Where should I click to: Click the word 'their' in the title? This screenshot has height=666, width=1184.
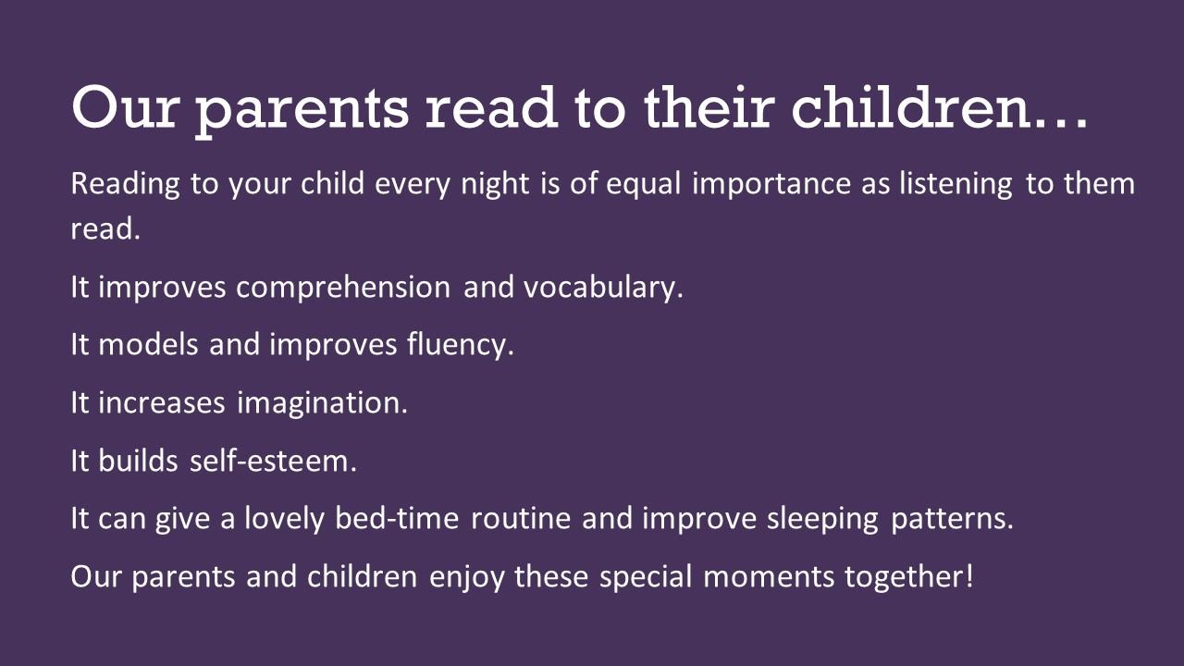tap(709, 106)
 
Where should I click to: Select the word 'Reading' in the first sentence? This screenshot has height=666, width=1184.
tap(125, 184)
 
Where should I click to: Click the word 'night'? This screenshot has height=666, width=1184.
tap(495, 184)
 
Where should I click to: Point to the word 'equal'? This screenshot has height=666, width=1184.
tap(643, 184)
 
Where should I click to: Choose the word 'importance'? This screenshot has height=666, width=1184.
tap(771, 184)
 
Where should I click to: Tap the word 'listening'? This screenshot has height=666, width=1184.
tap(956, 184)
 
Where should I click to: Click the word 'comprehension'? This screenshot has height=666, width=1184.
tap(343, 288)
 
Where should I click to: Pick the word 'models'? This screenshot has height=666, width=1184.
tap(149, 345)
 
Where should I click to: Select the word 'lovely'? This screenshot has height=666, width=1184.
tap(284, 519)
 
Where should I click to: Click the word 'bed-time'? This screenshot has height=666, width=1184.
tap(397, 518)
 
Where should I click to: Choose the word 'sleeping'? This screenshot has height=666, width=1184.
tap(823, 519)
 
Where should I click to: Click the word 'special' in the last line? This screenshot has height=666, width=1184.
tap(646, 576)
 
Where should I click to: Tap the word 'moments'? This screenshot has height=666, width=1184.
tap(769, 576)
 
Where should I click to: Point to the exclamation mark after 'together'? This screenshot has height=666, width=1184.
tap(968, 575)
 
